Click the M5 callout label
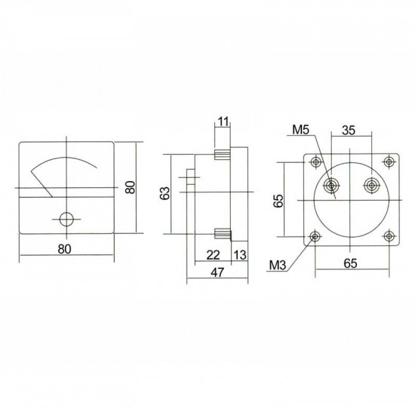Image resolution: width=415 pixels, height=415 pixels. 300,130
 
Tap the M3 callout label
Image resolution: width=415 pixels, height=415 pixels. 278,265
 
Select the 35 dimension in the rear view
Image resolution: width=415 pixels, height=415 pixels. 349,131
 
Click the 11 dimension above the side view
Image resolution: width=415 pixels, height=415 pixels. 223,121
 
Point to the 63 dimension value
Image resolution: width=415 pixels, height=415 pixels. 165,193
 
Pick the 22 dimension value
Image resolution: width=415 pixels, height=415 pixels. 213,255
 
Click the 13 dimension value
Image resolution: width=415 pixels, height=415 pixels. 240,255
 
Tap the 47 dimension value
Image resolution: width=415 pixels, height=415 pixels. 217,272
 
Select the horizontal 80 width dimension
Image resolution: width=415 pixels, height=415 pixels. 65,249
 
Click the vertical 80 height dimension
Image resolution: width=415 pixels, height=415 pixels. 131,187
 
